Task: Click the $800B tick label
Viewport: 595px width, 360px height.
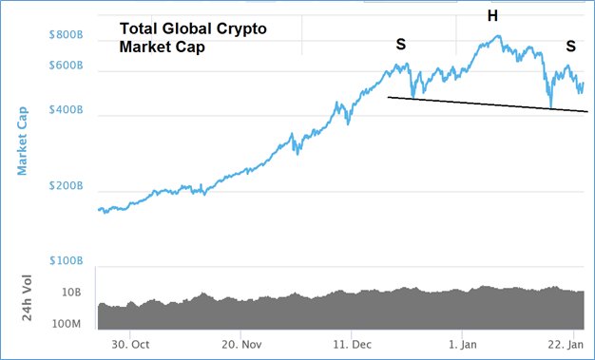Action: click(65, 35)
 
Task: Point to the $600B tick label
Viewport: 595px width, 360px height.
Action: click(65, 67)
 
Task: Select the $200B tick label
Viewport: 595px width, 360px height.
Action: click(65, 188)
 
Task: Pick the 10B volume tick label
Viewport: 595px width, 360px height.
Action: click(73, 294)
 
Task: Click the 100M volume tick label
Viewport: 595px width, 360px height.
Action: click(69, 324)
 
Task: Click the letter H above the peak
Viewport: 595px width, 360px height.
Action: click(492, 15)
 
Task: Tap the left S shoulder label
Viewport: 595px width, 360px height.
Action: click(401, 45)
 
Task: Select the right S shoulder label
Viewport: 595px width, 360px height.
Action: click(570, 45)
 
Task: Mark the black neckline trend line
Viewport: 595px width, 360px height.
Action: click(485, 104)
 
